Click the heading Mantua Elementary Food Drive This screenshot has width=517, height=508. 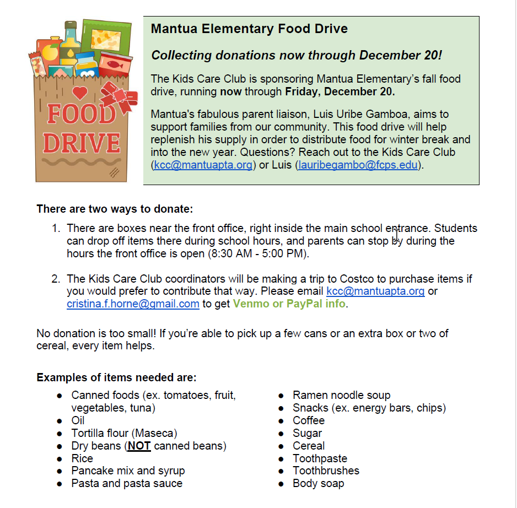[249, 29]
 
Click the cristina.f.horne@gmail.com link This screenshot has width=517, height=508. [133, 304]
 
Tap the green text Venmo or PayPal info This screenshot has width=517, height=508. [289, 304]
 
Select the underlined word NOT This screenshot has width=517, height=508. [139, 446]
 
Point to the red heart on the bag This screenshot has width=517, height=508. [80, 93]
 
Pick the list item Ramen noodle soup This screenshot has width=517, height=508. [341, 395]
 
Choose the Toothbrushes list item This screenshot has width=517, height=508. [326, 471]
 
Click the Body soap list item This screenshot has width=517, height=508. [318, 483]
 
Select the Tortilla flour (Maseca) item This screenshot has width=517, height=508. [124, 433]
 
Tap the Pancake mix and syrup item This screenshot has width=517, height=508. [128, 471]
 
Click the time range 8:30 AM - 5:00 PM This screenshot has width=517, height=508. [258, 254]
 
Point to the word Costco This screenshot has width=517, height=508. [351, 279]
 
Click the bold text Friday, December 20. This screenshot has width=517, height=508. [340, 91]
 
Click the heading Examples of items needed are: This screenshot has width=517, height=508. [116, 377]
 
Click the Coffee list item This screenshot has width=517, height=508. [309, 420]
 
